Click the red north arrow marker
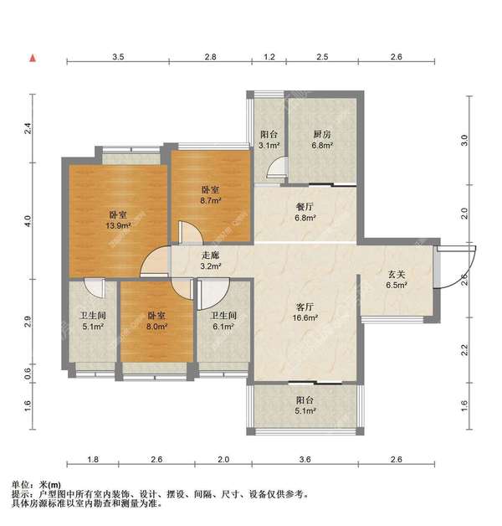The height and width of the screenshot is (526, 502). (x=33, y=58)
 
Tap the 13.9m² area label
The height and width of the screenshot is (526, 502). (x=118, y=225)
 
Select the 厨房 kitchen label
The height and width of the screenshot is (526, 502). (x=322, y=135)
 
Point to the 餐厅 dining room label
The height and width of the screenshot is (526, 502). (x=305, y=207)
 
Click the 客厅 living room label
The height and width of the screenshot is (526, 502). (x=305, y=307)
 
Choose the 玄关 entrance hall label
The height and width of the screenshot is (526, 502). (x=397, y=275)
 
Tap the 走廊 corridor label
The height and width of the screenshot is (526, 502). (x=210, y=255)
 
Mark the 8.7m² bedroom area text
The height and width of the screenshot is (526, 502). (x=211, y=201)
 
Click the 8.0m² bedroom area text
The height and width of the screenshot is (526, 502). (x=156, y=327)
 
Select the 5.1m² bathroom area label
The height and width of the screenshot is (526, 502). (x=93, y=327)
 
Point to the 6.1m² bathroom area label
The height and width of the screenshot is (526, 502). (x=223, y=327)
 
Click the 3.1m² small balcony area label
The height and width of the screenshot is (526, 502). (x=269, y=146)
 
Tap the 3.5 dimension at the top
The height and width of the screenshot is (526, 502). (x=118, y=57)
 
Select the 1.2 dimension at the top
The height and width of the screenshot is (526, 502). (x=269, y=57)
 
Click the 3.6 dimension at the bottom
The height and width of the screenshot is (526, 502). (x=305, y=459)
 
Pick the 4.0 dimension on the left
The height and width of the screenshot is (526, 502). (x=28, y=221)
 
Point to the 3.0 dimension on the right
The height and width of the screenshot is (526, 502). (x=464, y=140)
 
